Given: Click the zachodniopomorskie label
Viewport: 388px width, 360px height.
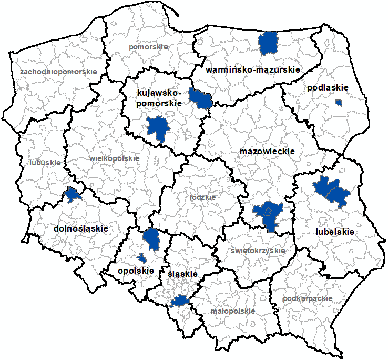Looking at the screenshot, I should pos(58,71).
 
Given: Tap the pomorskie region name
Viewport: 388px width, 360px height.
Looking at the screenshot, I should pos(148,47).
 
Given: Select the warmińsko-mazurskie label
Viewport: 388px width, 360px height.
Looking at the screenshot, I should pos(253,69).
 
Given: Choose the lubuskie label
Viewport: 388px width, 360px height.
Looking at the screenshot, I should pos(45,163).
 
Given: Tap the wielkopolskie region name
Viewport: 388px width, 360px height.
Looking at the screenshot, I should pos(115,158).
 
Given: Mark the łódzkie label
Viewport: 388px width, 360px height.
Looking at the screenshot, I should pos(202,197).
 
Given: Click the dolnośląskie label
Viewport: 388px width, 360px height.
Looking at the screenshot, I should pos(81,229).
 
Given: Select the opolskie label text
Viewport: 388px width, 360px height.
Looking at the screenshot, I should pos(136,271).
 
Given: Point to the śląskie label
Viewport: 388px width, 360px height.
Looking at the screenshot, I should pos(182,274).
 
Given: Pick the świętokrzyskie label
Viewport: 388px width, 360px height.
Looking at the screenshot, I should pos(258,251).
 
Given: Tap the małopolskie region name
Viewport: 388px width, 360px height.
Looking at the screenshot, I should pos(232,311).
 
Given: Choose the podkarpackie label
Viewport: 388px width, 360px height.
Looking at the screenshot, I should pos(308,298).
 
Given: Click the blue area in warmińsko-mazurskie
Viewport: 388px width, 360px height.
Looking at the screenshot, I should pos(269,42).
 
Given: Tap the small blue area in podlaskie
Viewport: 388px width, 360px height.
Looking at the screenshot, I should pos(339,102).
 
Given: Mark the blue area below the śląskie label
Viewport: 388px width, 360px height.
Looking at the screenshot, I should pos(180,301).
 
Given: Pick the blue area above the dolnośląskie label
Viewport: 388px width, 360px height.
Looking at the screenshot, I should pos(72,195).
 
